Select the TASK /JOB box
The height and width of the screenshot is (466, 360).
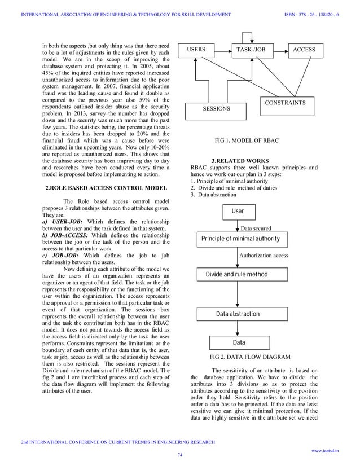coord(250,50)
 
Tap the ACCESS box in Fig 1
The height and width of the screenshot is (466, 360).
coord(304,50)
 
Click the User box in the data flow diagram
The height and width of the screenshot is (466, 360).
coord(238,211)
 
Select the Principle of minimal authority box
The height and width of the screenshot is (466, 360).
coord(240,239)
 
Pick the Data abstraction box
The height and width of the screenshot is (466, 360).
coord(238,314)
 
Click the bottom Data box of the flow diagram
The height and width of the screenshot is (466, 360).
coord(239,342)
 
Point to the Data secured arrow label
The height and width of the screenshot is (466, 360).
coord(256,228)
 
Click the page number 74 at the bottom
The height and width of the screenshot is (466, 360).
coord(180,455)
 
